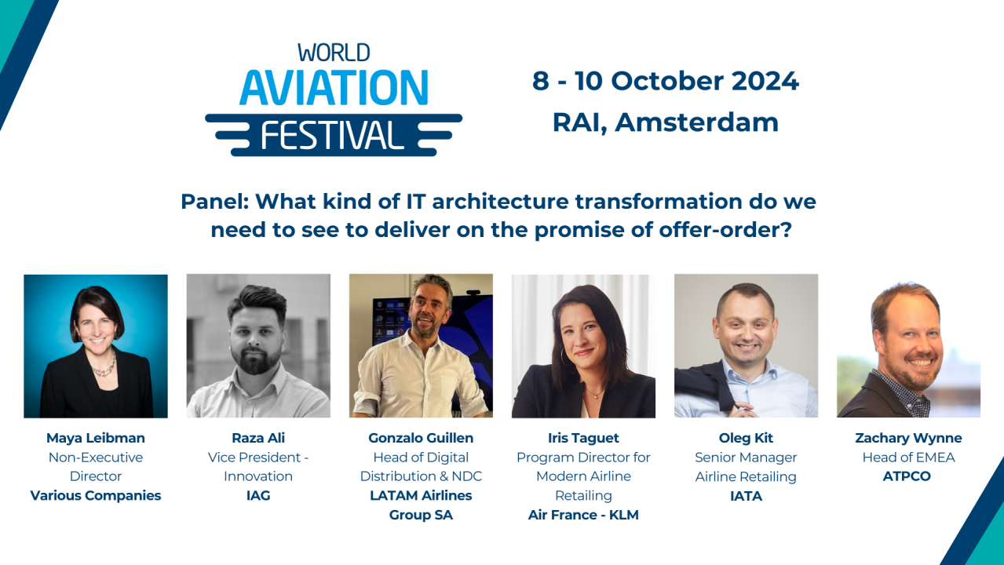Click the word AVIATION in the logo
coord(334,87)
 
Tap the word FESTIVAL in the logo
coord(333,134)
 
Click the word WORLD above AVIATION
coord(334,53)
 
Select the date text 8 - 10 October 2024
coord(665,81)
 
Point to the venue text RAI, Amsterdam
coord(665,122)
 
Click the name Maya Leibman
coord(96,438)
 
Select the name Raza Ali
coord(258,438)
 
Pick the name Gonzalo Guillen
coord(421,438)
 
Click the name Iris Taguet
coord(583,438)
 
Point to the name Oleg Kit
coord(746,438)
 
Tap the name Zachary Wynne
coord(908,438)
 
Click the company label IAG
coord(258,495)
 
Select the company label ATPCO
coord(907,476)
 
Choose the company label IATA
coord(746,496)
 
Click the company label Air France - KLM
coord(583,515)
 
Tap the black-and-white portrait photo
coord(258,345)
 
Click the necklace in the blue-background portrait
coord(104,366)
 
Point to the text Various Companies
coord(96,495)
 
